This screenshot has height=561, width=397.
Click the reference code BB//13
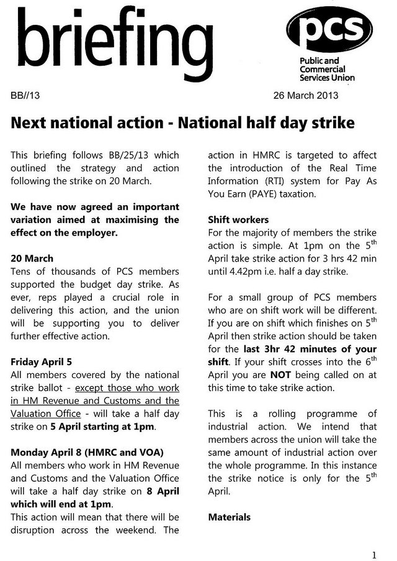tap(25, 95)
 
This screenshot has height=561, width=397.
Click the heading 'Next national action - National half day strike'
tap(182, 123)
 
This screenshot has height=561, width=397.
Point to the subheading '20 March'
tap(32, 258)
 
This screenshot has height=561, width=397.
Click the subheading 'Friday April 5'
tap(44, 361)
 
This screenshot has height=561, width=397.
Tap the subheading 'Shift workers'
tap(238, 219)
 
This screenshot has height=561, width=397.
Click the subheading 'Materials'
tap(230, 516)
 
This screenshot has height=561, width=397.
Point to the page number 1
tap(375, 554)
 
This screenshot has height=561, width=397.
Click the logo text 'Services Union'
tap(327, 77)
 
